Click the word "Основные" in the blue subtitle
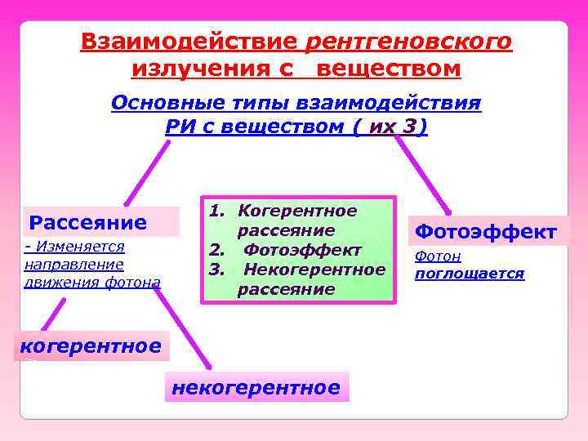coord(160,104)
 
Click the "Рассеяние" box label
coord(88,222)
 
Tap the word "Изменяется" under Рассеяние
coord(78,247)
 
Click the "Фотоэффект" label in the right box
coord(486,232)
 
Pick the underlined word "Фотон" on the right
coord(438,256)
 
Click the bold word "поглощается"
coord(470,274)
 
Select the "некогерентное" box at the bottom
coord(256,388)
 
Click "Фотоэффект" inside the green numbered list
coord(302,249)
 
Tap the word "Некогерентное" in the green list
coord(314,269)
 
